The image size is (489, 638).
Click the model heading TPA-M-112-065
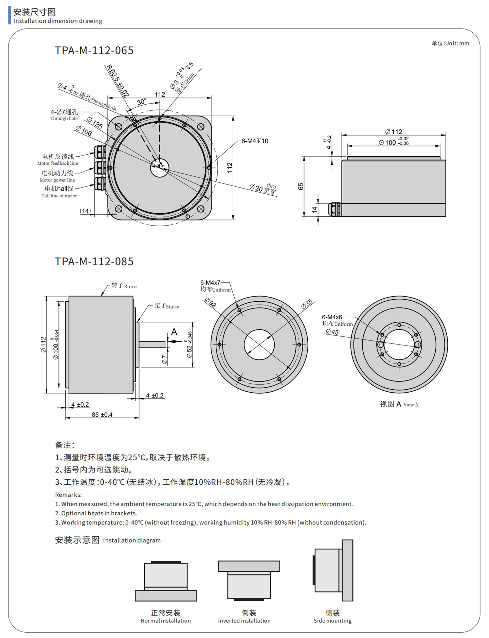click(x=94, y=51)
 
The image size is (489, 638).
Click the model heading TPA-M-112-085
click(x=94, y=262)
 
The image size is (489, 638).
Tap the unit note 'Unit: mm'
click(x=450, y=43)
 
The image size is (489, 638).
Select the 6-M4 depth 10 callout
click(x=255, y=141)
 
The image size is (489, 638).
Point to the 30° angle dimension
click(x=142, y=102)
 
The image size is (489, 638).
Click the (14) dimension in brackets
click(x=85, y=211)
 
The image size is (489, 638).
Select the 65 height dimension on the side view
click(x=301, y=186)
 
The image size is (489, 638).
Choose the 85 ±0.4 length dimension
click(x=102, y=414)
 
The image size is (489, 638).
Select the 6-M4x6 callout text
click(x=332, y=317)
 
